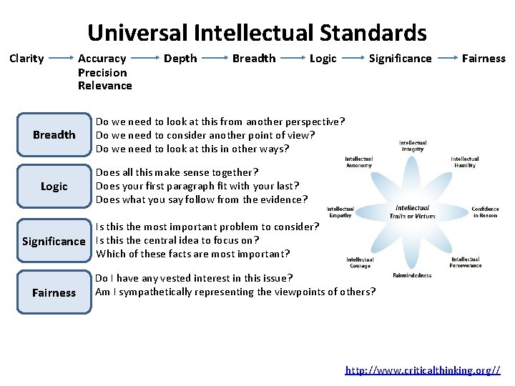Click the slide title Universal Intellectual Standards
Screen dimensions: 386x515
[257, 32]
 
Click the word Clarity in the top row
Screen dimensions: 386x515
[26, 59]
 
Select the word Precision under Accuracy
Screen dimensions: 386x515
[102, 72]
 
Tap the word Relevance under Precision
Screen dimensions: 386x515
[104, 86]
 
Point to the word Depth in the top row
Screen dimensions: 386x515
[180, 59]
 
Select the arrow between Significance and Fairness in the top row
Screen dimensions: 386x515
[446, 59]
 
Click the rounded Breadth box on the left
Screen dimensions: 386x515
[54, 134]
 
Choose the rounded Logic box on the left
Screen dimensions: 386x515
[54, 187]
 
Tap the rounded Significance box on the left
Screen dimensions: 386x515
[54, 241]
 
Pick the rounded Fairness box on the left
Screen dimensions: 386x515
[54, 292]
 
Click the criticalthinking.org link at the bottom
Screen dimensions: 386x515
[423, 370]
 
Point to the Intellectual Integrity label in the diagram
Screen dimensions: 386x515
[413, 146]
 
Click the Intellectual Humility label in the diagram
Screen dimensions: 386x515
[465, 162]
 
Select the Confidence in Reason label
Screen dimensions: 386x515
[485, 212]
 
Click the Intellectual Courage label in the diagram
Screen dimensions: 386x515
[360, 262]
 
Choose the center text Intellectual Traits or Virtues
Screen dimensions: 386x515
[412, 212]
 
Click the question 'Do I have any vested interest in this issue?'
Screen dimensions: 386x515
[194, 278]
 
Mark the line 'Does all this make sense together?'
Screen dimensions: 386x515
[177, 172]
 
